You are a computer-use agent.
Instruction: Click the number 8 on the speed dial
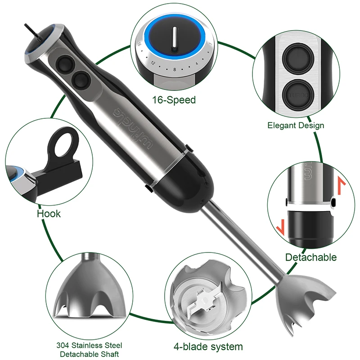(174, 70)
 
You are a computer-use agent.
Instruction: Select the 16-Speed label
(174, 99)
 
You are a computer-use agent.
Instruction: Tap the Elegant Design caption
(296, 126)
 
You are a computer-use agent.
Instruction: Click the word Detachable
(310, 257)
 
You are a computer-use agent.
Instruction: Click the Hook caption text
(49, 213)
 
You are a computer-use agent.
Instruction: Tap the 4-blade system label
(208, 346)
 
